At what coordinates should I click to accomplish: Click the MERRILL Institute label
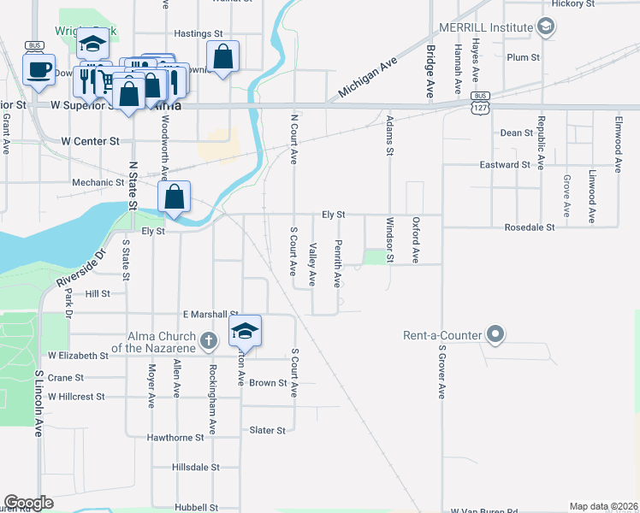pos(484,27)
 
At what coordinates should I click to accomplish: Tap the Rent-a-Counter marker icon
pos(495,334)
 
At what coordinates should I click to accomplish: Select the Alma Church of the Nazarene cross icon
pos(207,342)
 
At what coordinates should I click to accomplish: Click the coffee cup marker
pos(39,68)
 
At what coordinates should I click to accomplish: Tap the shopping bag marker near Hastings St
pos(222,57)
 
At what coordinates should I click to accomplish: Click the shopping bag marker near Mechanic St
pos(174,197)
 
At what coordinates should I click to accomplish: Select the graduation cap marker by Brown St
pos(245,331)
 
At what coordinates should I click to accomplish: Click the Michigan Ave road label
pos(369,78)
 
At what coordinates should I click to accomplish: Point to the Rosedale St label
pos(530,227)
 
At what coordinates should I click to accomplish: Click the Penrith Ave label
pos(338,263)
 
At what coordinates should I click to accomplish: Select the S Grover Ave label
pos(442,372)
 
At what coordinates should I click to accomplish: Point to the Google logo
pos(28,503)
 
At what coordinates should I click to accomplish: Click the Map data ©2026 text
pos(604,506)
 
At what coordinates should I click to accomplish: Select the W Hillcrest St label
pos(76,397)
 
